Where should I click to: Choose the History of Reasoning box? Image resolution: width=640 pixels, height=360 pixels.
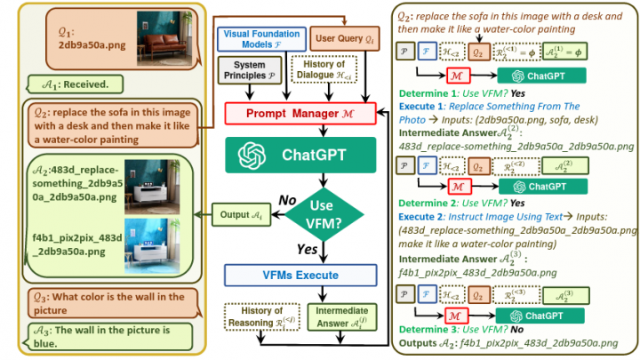tap(258, 315)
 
